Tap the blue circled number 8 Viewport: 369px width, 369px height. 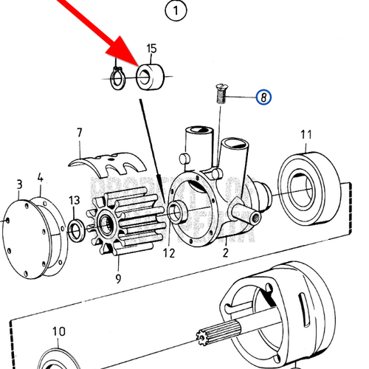coord(263,96)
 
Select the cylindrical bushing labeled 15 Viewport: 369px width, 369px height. coord(152,76)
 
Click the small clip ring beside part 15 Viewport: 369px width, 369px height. coord(117,77)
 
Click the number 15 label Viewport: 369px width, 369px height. coord(151,49)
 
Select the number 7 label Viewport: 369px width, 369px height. coord(79,134)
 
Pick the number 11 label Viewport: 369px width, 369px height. coord(306,134)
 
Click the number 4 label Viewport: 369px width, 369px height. coord(41,178)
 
